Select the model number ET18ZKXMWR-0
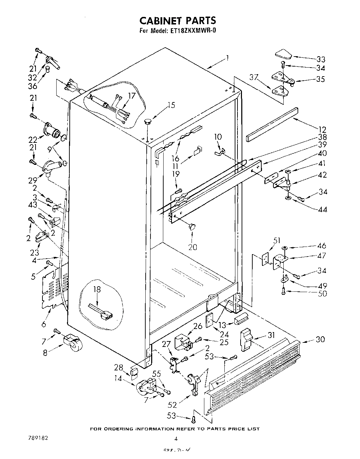(x=193, y=31)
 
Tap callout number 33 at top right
(x=321, y=59)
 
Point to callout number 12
(x=322, y=130)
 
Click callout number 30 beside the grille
(x=320, y=339)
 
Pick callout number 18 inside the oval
(x=97, y=290)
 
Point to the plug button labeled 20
(x=192, y=226)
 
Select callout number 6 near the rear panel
(x=44, y=324)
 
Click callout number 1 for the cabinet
(x=227, y=58)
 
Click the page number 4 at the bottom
(x=176, y=439)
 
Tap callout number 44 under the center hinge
(x=322, y=209)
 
